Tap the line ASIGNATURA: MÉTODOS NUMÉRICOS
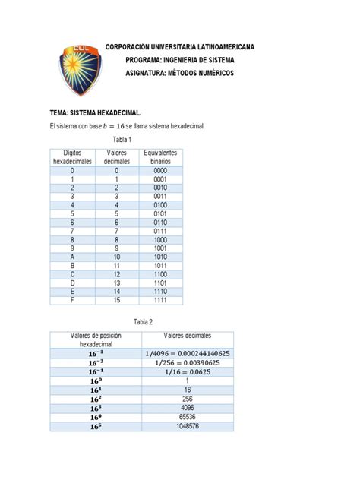point(180,73)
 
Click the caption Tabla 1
point(123,140)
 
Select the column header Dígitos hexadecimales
point(73,157)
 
